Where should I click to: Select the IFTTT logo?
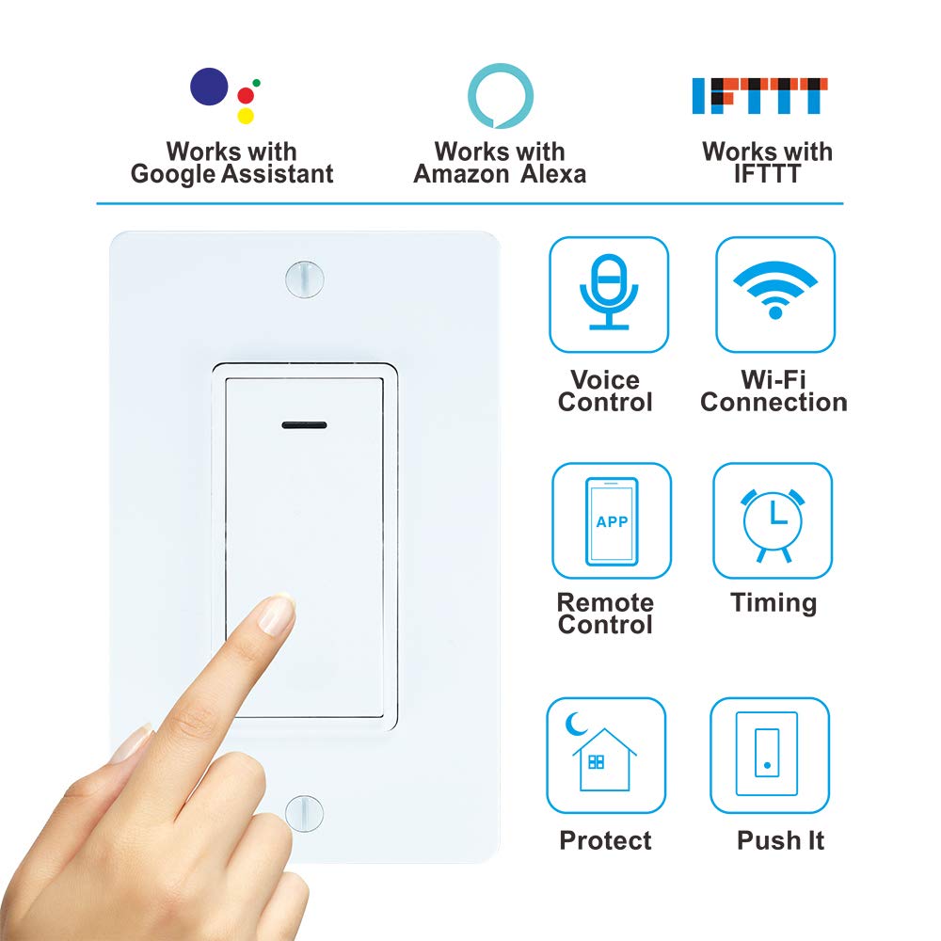[x=759, y=95]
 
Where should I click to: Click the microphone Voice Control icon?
[x=608, y=294]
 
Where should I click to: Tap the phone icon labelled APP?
[x=612, y=520]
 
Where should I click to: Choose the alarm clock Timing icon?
[x=773, y=520]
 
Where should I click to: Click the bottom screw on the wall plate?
[x=303, y=812]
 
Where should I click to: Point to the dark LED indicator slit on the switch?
[x=304, y=424]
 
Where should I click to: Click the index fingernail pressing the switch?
[x=277, y=614]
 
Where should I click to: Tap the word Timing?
[x=774, y=603]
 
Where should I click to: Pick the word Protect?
[x=605, y=840]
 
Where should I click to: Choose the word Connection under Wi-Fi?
[x=774, y=403]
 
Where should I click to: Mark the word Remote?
[x=605, y=603]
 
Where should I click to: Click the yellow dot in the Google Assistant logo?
[x=246, y=116]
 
